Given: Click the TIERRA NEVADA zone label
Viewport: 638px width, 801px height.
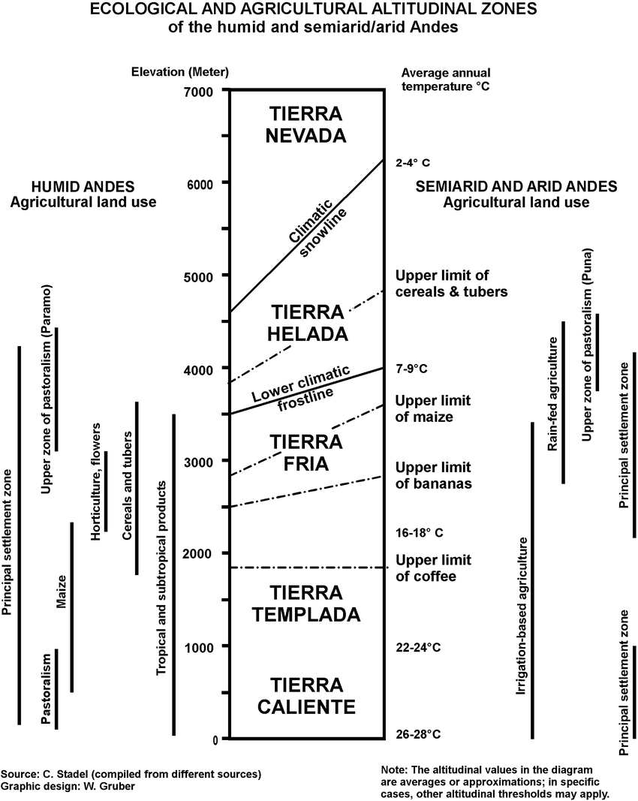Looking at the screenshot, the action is (x=306, y=124).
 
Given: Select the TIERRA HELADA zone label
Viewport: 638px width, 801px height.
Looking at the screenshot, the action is (x=308, y=323).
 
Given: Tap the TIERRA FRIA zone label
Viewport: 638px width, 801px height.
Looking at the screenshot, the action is (x=306, y=453).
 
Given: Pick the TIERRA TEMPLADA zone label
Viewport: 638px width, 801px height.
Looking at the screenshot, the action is (x=306, y=604).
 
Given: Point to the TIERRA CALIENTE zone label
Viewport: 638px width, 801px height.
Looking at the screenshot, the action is (x=306, y=696).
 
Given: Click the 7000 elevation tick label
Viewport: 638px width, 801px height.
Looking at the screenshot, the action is (x=199, y=92).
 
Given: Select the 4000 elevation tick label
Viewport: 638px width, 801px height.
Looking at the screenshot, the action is (x=199, y=370).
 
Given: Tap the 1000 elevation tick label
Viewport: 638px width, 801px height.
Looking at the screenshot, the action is (x=199, y=648).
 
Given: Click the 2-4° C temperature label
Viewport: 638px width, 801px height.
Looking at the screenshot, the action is (x=413, y=163).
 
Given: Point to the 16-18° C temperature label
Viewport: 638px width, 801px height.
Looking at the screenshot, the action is (x=420, y=533).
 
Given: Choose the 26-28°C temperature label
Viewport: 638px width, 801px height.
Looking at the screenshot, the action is (x=418, y=735).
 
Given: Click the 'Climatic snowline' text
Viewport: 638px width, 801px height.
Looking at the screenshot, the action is (x=317, y=227).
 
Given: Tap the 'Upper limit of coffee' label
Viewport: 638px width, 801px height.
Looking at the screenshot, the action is (x=433, y=568).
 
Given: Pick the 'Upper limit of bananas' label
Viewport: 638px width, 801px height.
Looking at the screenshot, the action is (x=433, y=476).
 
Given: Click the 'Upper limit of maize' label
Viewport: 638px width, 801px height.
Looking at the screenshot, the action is (x=433, y=408).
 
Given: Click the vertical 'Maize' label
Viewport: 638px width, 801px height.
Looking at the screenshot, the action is (x=62, y=592).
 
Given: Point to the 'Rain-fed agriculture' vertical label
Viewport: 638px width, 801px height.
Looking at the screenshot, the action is (x=552, y=394).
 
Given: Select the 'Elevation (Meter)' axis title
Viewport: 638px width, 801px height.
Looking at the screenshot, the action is (x=180, y=71).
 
